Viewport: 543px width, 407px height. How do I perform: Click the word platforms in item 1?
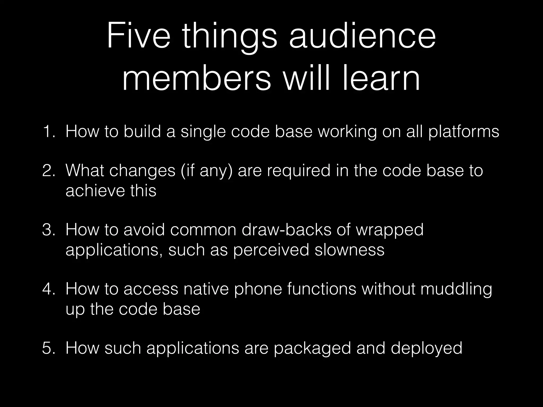(464, 132)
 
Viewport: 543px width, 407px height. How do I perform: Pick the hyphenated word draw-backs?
(287, 229)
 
